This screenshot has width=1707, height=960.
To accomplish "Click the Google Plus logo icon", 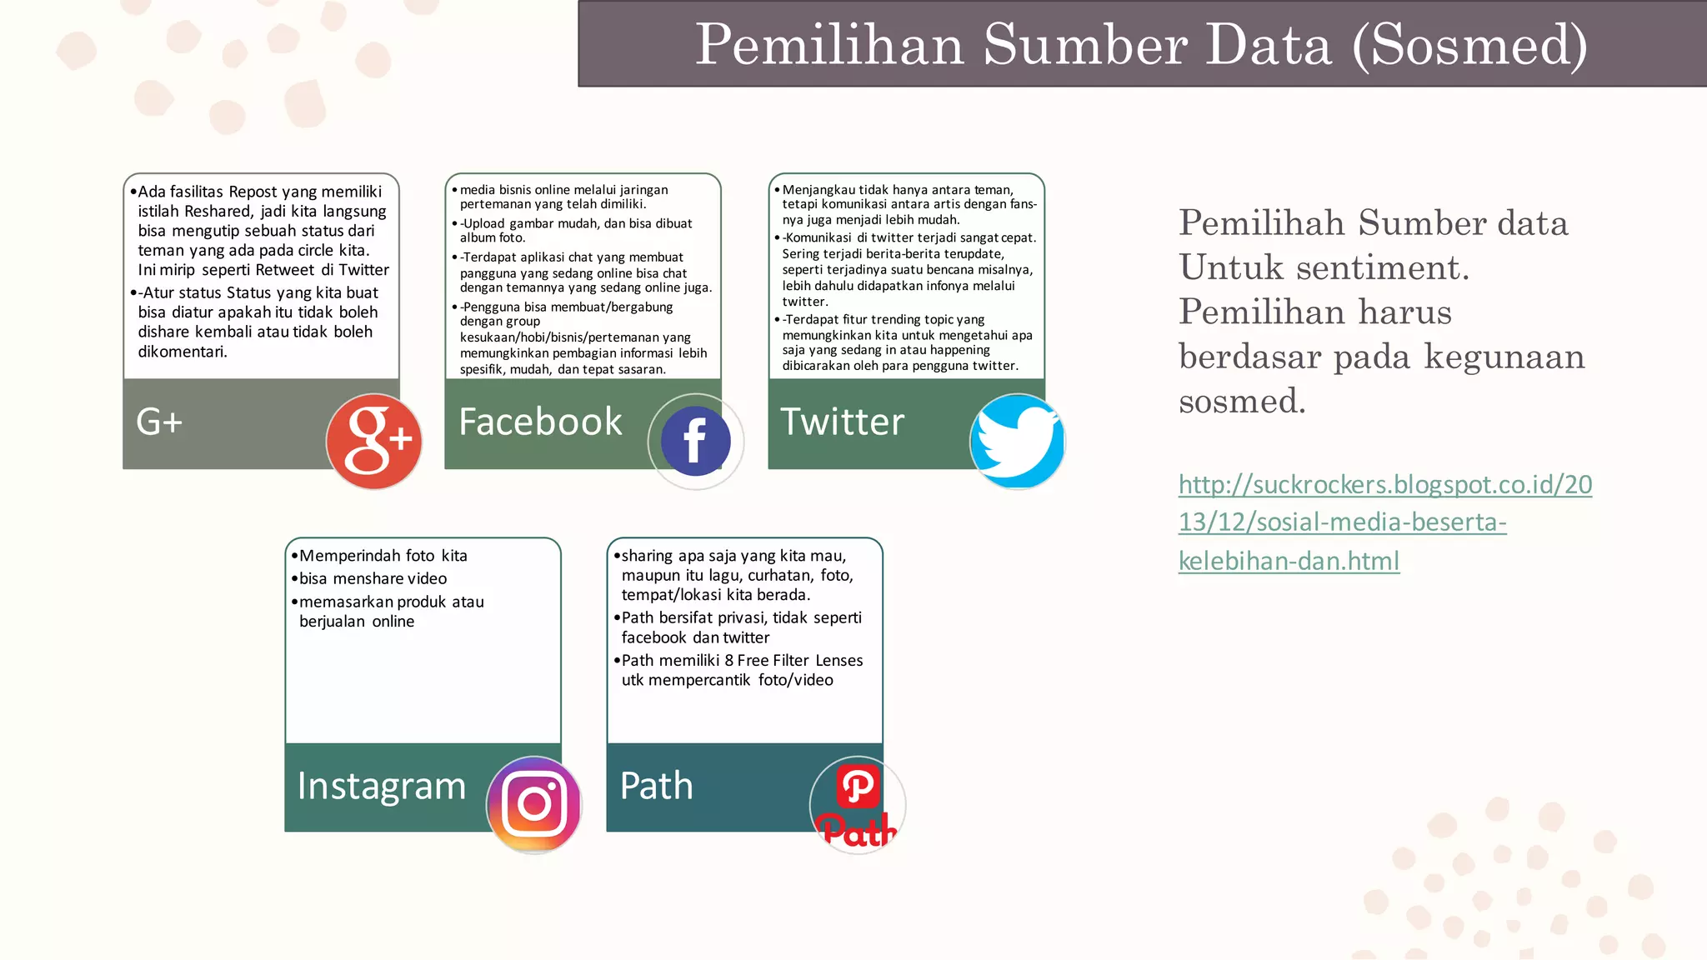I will click(373, 442).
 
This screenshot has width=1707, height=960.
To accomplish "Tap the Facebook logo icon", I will click(695, 442).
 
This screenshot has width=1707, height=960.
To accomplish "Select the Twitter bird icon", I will click(1017, 442).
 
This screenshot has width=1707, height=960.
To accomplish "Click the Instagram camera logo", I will click(534, 804).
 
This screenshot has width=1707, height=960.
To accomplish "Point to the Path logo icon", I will click(858, 805).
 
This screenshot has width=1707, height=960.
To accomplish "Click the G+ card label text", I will click(159, 422).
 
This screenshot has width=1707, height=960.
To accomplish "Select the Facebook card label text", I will click(540, 422).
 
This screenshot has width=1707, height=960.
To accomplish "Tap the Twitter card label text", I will click(842, 422).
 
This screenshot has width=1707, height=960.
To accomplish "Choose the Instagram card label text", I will click(382, 787).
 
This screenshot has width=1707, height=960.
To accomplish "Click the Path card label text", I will click(657, 787).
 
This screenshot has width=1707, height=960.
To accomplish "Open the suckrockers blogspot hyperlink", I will click(1384, 522).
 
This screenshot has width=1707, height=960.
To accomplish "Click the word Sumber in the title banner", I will click(1086, 45).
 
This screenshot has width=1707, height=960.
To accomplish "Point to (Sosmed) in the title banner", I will click(1469, 45).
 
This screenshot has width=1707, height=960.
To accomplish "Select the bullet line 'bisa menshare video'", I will click(373, 579).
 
